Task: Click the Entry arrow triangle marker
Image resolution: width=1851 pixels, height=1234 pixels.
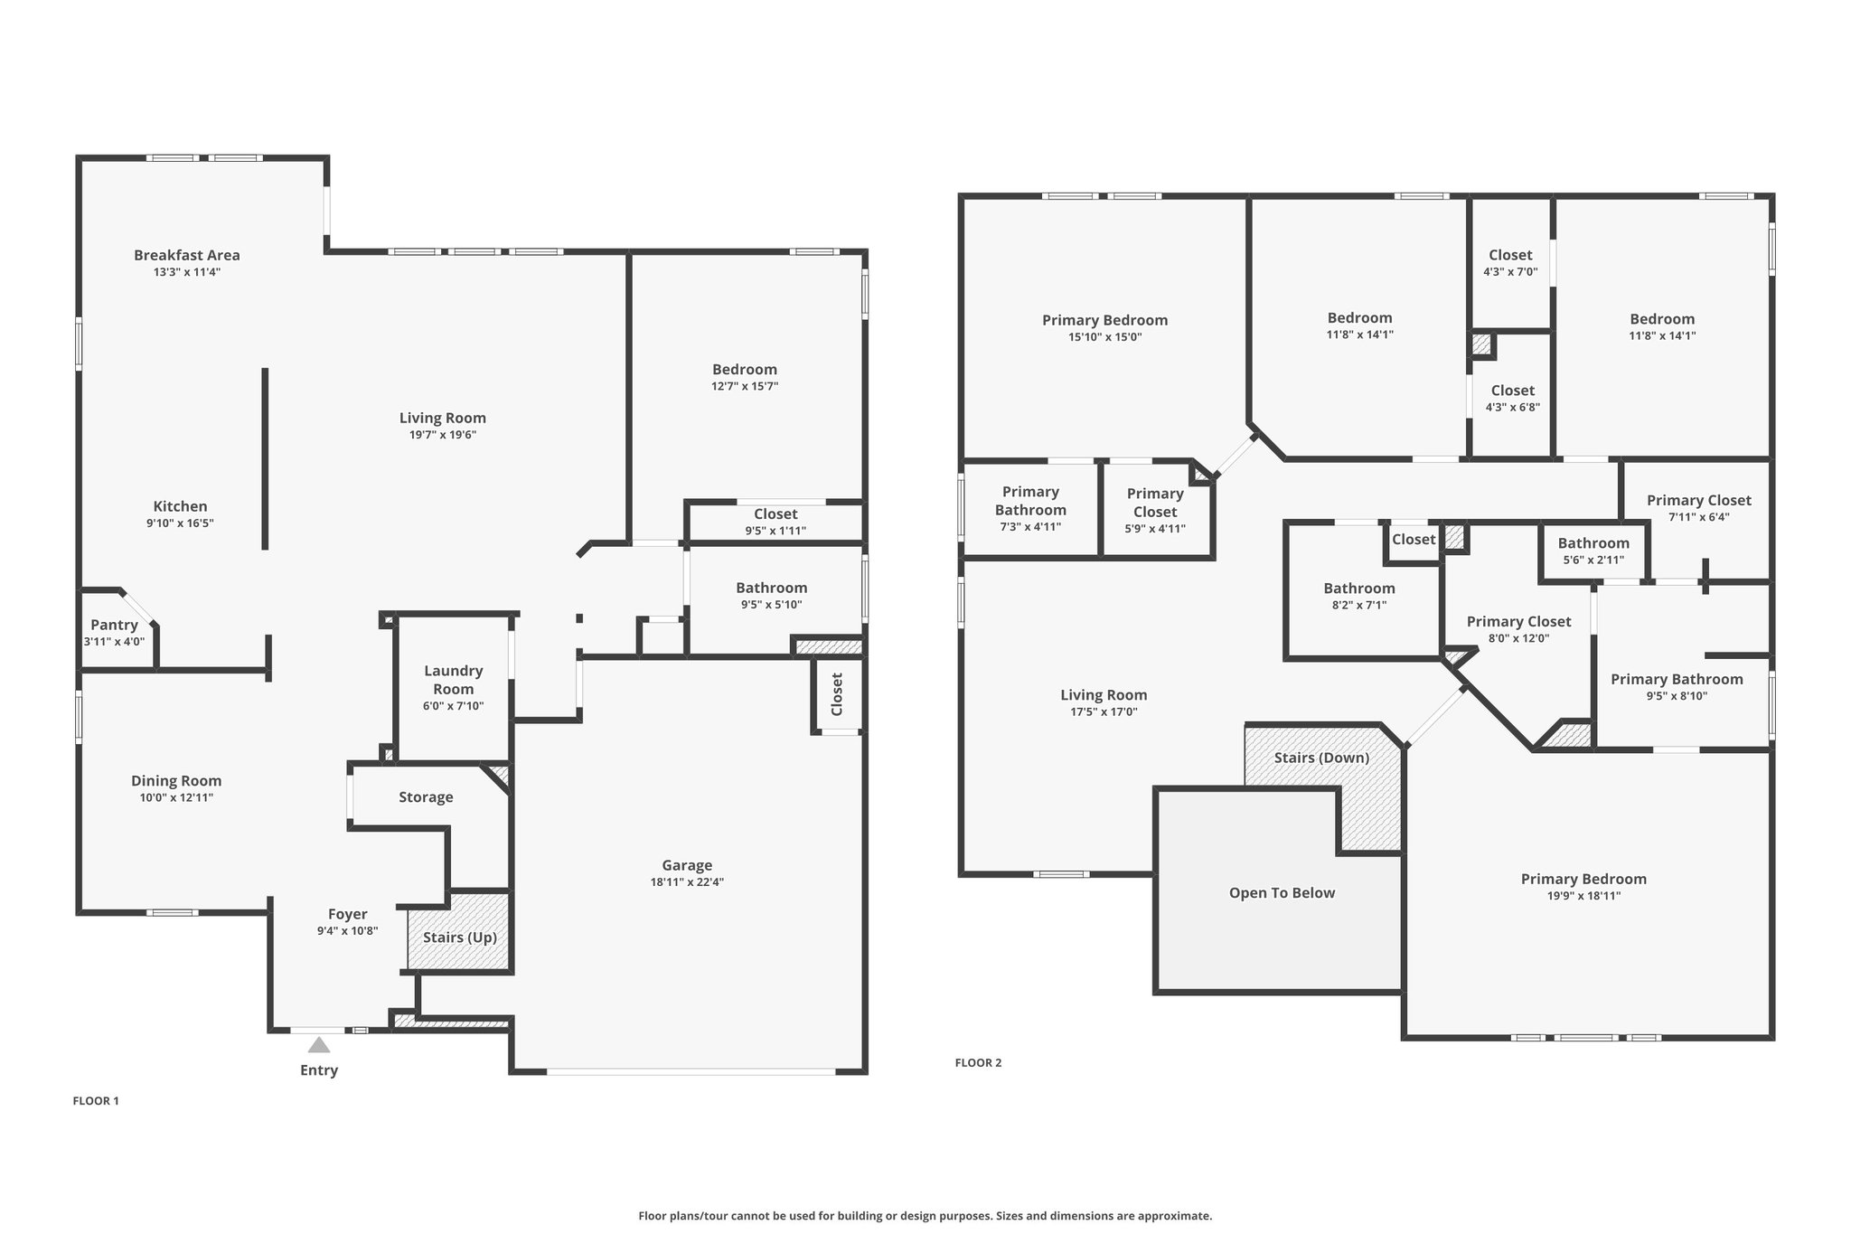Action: coord(318,1045)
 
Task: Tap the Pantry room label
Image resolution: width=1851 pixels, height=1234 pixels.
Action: coord(114,625)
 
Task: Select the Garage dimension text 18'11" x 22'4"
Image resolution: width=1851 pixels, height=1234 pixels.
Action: coord(687,882)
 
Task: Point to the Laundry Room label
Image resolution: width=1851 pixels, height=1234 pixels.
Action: coord(453,679)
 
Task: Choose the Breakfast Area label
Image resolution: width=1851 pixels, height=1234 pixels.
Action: coord(187,255)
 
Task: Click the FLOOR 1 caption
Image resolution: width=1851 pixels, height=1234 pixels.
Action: coord(96,1101)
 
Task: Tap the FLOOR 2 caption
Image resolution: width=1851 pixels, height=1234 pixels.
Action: coord(978,1063)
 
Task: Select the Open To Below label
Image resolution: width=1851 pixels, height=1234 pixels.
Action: coord(1281,893)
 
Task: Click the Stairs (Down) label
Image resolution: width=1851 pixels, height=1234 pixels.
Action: coord(1321,758)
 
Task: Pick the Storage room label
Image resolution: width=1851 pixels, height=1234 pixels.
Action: coord(426,797)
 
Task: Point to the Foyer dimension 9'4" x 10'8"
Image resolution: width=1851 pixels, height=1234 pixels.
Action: coord(347,931)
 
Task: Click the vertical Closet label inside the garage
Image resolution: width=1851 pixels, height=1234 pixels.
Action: coord(837,694)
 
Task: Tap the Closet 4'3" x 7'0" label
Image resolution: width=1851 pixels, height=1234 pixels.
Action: coord(1510,256)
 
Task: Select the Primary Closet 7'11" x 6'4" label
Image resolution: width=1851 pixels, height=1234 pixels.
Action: coord(1698,501)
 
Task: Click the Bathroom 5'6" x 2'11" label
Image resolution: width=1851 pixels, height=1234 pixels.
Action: coord(1593,543)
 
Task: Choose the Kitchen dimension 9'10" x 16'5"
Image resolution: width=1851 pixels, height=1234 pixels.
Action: coord(180,523)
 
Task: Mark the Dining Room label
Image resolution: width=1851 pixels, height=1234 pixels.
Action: coord(176,781)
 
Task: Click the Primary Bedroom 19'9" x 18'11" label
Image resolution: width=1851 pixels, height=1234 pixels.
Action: coord(1583,880)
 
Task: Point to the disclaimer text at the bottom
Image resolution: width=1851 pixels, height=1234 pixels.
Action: coord(925,1216)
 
